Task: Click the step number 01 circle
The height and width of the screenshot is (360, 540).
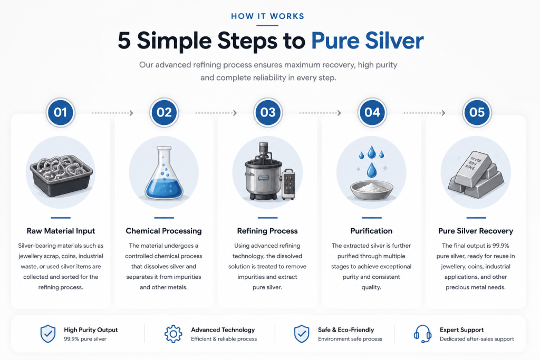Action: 60,113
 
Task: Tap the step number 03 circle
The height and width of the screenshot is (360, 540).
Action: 268,113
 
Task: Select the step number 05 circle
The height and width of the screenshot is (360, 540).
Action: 477,113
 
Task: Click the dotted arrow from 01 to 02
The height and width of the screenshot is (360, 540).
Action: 112,113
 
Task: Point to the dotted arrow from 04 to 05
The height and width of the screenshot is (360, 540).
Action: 425,113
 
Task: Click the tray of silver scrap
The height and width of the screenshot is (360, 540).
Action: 61,176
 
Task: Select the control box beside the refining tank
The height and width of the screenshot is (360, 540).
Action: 288,184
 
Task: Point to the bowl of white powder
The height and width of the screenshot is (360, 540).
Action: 371,190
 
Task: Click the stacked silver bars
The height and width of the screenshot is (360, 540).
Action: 476,176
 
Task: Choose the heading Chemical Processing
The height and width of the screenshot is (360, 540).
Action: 164,231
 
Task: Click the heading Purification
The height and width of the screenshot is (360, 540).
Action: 371,231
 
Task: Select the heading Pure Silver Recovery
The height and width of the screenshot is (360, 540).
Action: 476,231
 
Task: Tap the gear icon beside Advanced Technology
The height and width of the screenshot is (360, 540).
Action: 173,334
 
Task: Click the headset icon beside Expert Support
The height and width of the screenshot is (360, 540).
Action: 422,334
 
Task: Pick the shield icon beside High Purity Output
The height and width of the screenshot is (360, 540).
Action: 48,334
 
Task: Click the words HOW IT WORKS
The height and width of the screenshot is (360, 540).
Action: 267,16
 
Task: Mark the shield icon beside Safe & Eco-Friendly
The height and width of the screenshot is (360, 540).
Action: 302,334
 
